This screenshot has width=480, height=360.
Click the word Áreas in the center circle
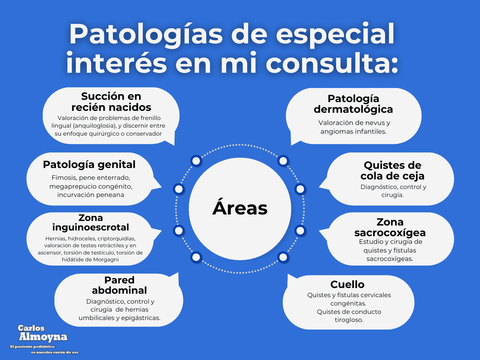click(240, 208)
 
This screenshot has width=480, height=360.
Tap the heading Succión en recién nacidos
click(111, 102)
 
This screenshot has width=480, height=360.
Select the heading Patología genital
click(89, 165)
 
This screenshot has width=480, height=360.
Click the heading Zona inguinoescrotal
click(91, 222)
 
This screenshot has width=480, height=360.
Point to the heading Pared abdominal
click(119, 285)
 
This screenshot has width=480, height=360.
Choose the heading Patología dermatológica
click(353, 104)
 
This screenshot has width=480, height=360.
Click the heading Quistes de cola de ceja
click(392, 171)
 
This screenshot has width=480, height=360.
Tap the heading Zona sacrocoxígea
click(390, 227)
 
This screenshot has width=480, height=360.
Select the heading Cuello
click(347, 284)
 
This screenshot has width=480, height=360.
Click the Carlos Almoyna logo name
click(43, 333)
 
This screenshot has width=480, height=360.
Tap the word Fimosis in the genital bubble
click(63, 178)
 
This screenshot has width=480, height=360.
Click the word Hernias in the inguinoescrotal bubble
click(55, 239)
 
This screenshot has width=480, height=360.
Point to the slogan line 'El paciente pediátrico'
click(33, 347)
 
